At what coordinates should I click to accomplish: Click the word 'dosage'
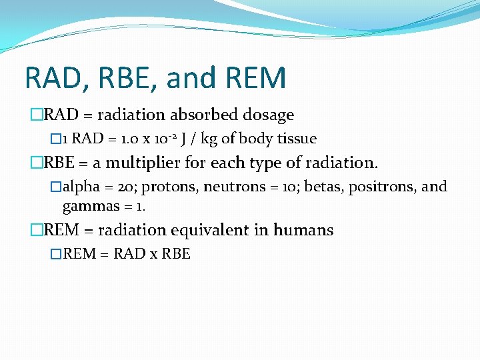pyautogui.click(x=271, y=115)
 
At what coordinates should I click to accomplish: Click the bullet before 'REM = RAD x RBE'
pyautogui.click(x=55, y=254)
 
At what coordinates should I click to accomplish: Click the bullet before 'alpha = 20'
pyautogui.click(x=56, y=187)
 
